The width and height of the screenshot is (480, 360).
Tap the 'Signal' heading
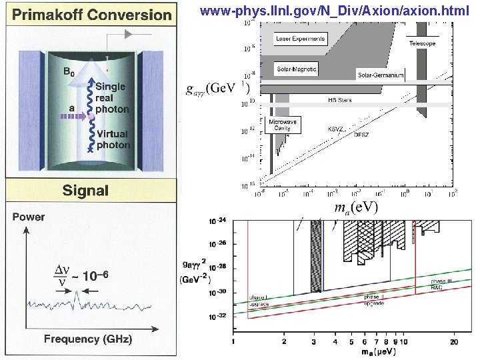pyautogui.click(x=85, y=191)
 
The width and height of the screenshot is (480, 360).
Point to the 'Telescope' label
pyautogui.click(x=422, y=43)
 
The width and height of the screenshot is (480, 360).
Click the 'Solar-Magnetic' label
pyautogui.click(x=297, y=69)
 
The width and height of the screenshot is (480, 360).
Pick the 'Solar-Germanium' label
pyautogui.click(x=381, y=75)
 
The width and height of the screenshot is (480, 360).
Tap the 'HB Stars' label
pyautogui.click(x=339, y=100)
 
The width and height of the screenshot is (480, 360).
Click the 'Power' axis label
pyautogui.click(x=29, y=217)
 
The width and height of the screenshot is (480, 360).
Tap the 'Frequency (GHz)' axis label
pyautogui.click(x=88, y=339)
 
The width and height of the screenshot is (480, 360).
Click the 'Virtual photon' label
pyautogui.click(x=113, y=139)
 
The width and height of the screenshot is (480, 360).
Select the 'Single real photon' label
pyautogui.click(x=112, y=98)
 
